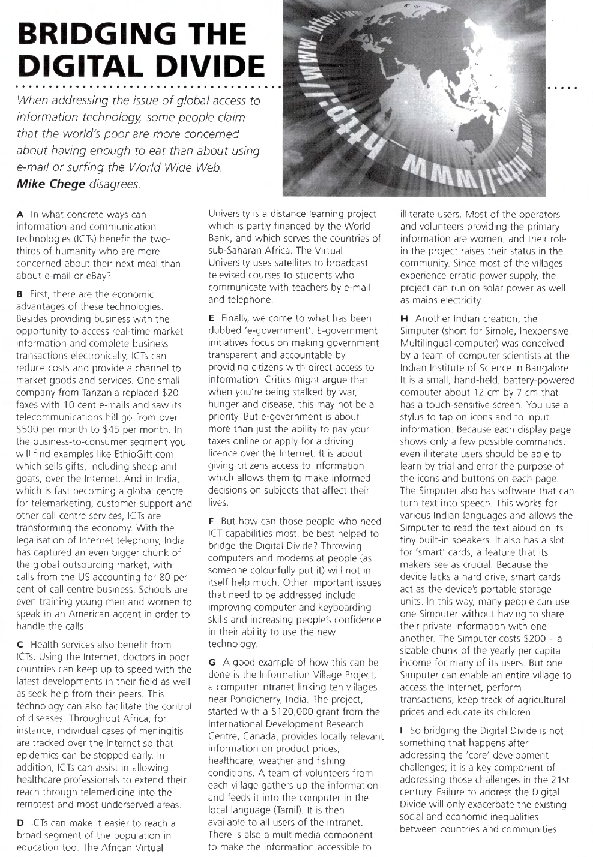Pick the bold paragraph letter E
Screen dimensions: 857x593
[211, 318]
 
